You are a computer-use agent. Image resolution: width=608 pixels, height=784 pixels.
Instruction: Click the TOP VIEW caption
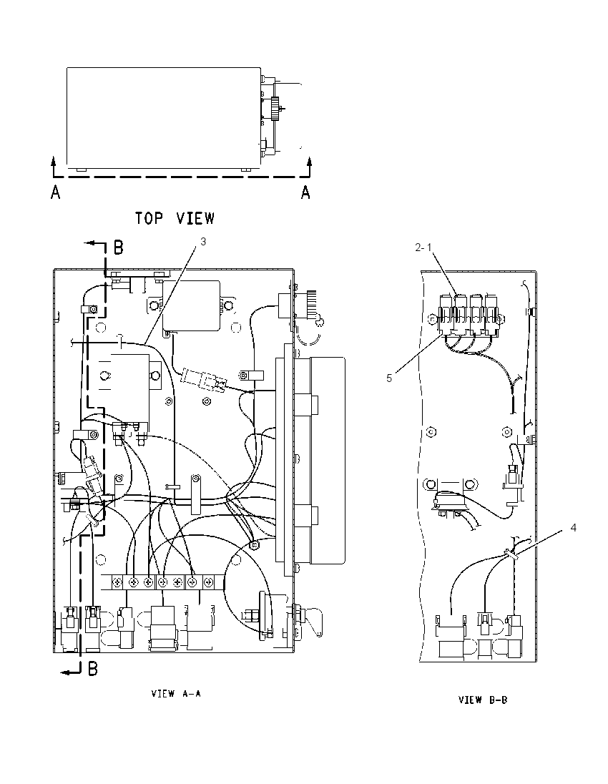click(175, 218)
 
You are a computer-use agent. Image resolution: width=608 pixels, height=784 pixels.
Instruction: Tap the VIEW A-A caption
click(176, 693)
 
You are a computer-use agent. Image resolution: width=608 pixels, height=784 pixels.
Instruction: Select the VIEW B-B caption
click(483, 700)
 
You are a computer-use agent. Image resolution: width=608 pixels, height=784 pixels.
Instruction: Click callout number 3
click(203, 242)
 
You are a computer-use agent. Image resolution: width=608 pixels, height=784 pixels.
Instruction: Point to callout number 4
click(574, 527)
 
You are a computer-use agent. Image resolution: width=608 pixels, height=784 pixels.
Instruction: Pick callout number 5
click(389, 378)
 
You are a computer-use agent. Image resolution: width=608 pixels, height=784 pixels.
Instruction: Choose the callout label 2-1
click(423, 247)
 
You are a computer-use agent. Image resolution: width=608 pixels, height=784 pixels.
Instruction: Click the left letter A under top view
click(56, 192)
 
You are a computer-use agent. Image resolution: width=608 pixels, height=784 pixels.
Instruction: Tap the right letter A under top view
click(305, 192)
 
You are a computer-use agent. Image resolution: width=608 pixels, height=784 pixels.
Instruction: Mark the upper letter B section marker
click(119, 247)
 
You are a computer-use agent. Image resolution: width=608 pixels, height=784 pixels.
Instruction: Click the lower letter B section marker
click(93, 669)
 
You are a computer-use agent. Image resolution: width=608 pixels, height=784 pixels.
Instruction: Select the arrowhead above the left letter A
click(53, 160)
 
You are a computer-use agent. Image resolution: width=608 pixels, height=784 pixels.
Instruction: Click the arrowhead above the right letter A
click(310, 161)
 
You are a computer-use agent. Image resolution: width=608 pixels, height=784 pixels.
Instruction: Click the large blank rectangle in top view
click(164, 118)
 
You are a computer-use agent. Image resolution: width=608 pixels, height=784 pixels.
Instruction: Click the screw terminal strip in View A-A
click(162, 582)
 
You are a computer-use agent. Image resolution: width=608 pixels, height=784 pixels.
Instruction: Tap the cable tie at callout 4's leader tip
click(510, 553)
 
